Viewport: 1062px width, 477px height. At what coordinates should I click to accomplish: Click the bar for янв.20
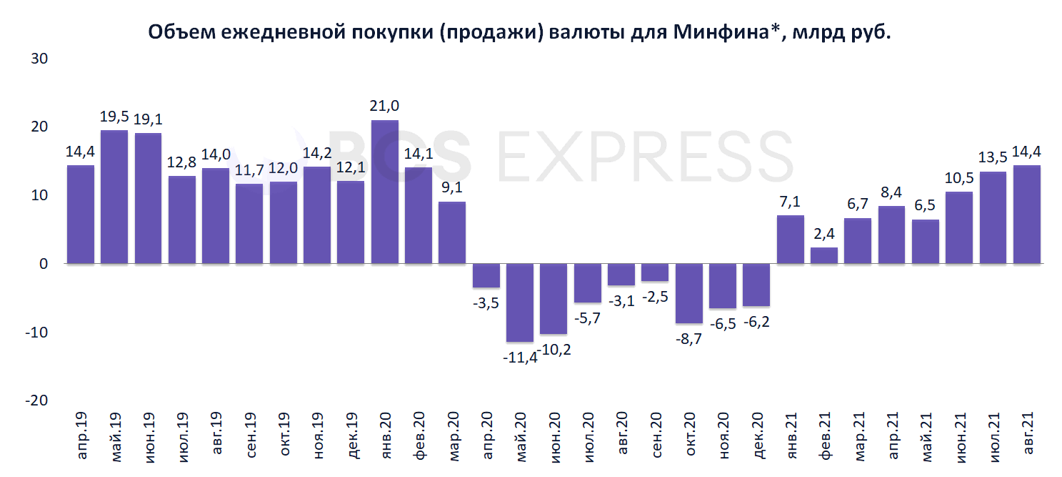(385, 192)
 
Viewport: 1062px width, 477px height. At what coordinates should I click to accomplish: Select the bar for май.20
(520, 303)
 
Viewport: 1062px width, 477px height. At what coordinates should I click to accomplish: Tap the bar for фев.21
(824, 255)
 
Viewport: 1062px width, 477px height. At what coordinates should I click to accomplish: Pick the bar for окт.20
(689, 293)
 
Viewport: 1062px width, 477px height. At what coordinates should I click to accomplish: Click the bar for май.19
(114, 197)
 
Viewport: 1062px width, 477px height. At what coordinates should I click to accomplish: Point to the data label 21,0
(385, 106)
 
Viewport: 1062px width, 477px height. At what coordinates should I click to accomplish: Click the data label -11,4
(519, 356)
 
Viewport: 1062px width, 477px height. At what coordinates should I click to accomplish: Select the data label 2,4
(824, 233)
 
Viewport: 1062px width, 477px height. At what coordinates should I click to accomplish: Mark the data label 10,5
(959, 177)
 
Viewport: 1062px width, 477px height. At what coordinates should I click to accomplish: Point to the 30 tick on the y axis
(38, 59)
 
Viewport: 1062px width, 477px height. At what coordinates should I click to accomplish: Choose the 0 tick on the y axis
(42, 264)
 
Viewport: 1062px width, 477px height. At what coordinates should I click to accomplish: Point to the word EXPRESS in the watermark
(642, 156)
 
